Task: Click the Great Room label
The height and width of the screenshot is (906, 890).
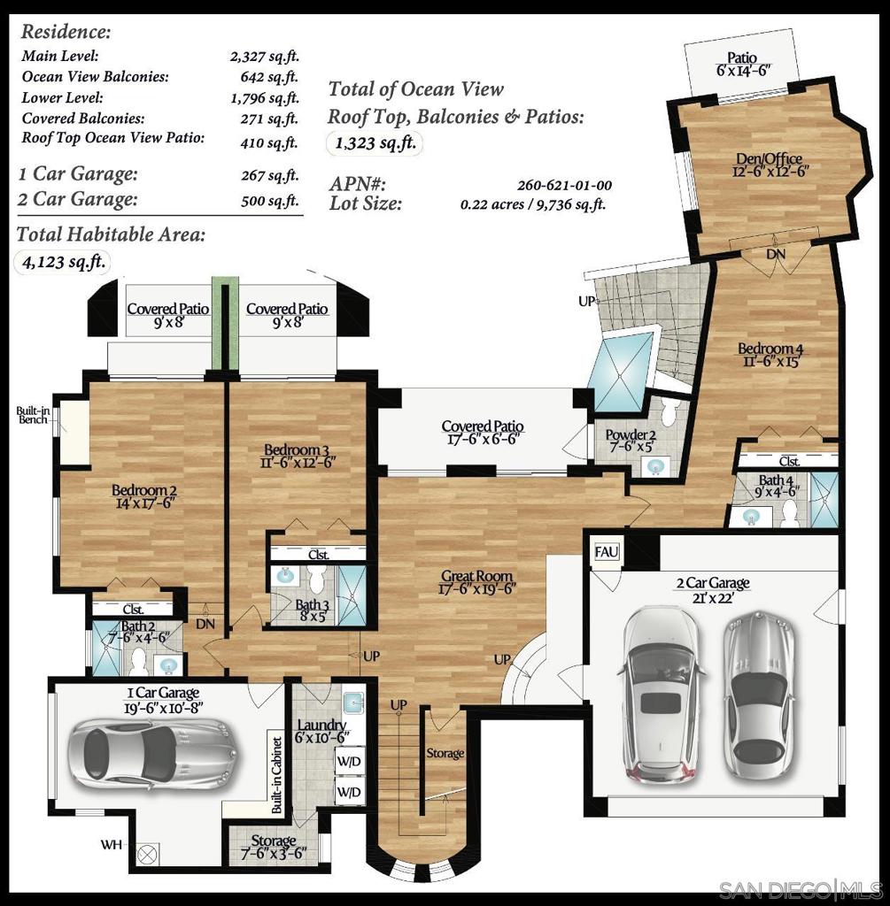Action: [477, 583]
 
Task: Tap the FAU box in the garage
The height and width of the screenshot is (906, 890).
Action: [607, 553]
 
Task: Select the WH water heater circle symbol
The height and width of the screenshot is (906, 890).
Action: [148, 853]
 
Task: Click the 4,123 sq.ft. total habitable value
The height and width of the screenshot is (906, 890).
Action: [62, 262]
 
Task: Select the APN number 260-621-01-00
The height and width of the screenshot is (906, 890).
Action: [564, 186]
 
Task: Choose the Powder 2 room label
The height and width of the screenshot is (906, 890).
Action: [631, 441]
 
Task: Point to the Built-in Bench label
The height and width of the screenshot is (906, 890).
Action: [33, 415]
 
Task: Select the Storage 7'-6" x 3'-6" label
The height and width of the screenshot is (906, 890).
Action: [273, 847]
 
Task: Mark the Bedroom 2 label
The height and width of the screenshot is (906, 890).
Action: [145, 496]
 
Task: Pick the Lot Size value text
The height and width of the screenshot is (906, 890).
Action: [533, 204]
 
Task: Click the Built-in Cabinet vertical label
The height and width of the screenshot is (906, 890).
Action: [276, 775]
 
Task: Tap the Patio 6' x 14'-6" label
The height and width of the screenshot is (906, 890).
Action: [742, 64]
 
